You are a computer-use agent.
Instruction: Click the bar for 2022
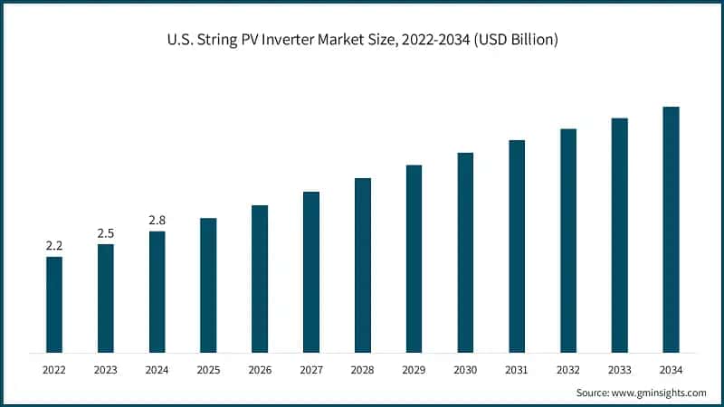(54, 304)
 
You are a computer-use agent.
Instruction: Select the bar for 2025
(208, 285)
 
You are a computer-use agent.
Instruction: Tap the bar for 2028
(362, 265)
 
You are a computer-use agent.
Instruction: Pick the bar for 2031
(517, 246)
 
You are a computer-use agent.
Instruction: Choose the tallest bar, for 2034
(671, 229)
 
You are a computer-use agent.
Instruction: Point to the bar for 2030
(465, 252)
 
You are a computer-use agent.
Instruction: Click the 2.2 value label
(54, 245)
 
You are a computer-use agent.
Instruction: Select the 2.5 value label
(106, 233)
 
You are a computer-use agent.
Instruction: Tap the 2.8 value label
(157, 220)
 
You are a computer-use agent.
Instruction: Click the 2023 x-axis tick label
(106, 370)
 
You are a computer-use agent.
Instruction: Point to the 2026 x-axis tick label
(260, 370)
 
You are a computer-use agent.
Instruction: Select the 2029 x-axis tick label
(414, 370)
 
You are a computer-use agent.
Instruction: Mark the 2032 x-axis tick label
(568, 370)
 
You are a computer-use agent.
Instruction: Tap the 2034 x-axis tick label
(671, 370)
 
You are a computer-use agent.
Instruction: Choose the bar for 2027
(311, 271)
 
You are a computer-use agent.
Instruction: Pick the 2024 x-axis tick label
(157, 370)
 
